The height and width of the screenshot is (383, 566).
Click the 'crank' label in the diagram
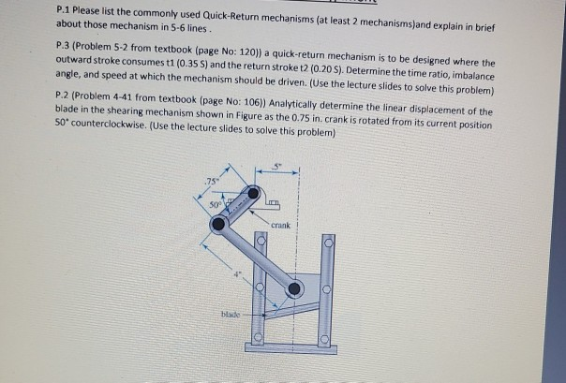click(283, 225)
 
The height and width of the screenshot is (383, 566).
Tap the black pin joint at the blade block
click(295, 289)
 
